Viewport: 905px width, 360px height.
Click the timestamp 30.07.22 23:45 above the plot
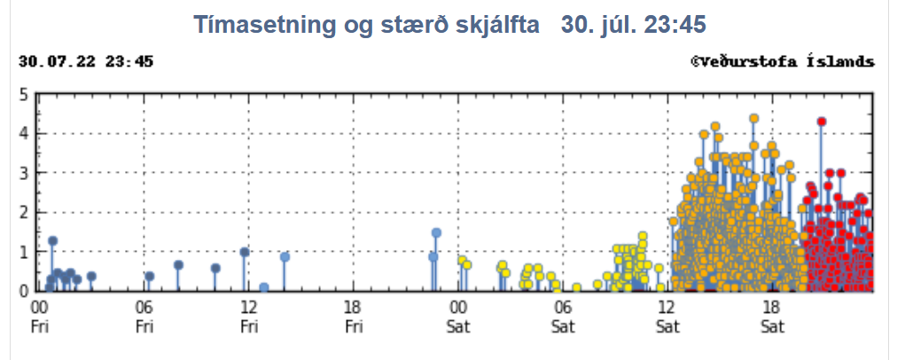click(x=86, y=62)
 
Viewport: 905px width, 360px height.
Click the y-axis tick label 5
click(x=24, y=94)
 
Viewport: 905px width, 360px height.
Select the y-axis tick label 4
click(x=24, y=134)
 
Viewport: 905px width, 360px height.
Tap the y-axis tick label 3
click(x=24, y=173)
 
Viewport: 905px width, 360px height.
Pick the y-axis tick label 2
click(x=24, y=213)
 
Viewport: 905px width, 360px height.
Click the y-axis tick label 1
click(x=24, y=252)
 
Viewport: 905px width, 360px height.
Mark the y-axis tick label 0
click(x=24, y=291)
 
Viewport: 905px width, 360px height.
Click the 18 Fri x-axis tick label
click(x=354, y=317)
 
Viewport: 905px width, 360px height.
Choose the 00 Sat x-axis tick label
click(x=458, y=317)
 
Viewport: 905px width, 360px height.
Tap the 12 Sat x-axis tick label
click(x=667, y=317)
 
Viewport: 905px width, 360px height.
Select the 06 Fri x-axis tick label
click(x=144, y=317)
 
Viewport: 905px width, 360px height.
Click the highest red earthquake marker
click(x=822, y=121)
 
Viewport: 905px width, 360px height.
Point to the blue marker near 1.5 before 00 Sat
click(x=436, y=233)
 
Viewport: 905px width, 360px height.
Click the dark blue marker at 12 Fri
click(x=245, y=252)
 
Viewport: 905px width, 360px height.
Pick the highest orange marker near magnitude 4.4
click(x=753, y=118)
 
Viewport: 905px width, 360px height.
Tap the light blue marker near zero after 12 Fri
click(x=264, y=287)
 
